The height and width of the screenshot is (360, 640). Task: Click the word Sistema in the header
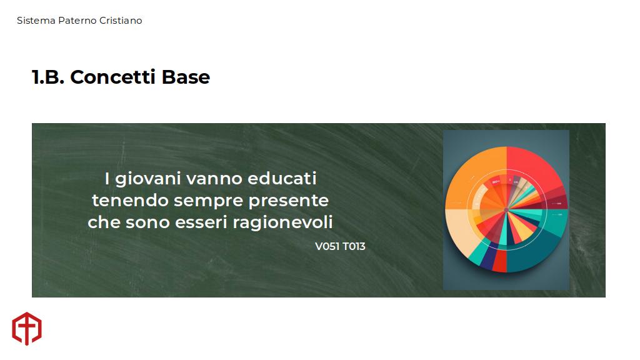pyautogui.click(x=36, y=21)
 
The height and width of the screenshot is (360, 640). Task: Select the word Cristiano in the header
pyautogui.click(x=121, y=21)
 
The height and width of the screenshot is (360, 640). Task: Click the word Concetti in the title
pyautogui.click(x=112, y=77)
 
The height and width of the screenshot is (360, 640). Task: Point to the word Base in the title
pyautogui.click(x=186, y=77)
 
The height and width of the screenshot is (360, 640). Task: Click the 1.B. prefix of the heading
pyautogui.click(x=48, y=77)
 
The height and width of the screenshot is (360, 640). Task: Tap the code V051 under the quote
pyautogui.click(x=327, y=246)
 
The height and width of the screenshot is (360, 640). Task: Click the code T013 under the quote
pyautogui.click(x=354, y=246)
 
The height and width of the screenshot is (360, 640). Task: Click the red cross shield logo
pyautogui.click(x=27, y=329)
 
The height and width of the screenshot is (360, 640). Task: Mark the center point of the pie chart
pyautogui.click(x=506, y=210)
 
